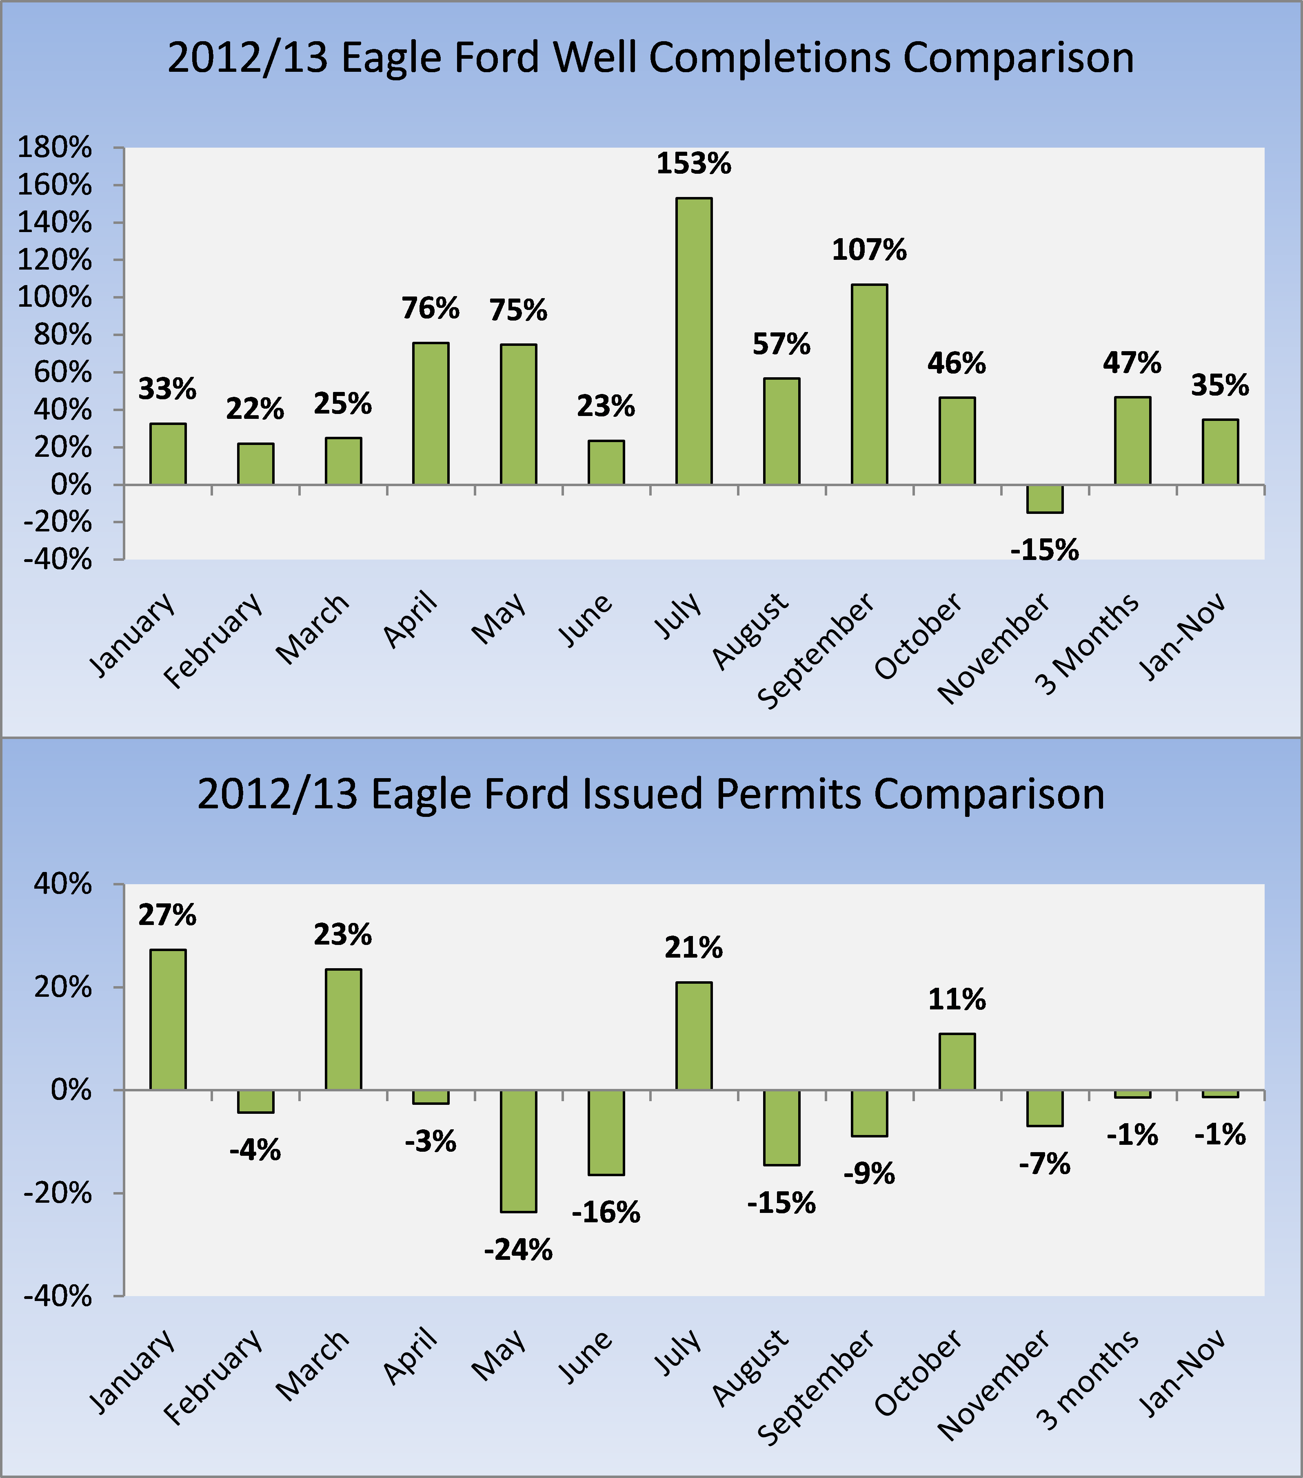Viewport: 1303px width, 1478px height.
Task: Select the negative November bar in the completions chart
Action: point(1045,498)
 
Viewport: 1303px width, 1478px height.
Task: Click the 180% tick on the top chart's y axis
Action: point(54,148)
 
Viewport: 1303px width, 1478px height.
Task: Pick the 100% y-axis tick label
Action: point(54,297)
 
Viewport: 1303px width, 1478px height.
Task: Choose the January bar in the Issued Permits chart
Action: point(167,1020)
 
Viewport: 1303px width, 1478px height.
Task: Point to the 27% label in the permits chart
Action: point(167,915)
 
